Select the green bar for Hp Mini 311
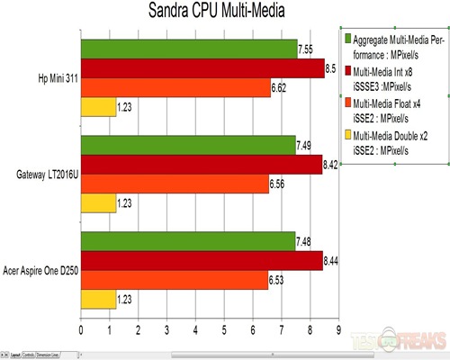coord(189,49)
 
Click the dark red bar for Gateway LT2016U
coord(202,165)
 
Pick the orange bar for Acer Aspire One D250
coord(175,281)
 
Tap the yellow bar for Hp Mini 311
coord(98,108)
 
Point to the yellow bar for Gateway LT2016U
coord(98,204)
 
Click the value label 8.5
coord(331,68)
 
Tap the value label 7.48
coord(305,240)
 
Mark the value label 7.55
coord(307,49)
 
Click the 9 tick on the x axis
coord(338,330)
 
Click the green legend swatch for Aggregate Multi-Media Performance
coord(347,40)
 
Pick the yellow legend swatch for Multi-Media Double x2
coord(347,136)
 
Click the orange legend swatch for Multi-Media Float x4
coord(347,103)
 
